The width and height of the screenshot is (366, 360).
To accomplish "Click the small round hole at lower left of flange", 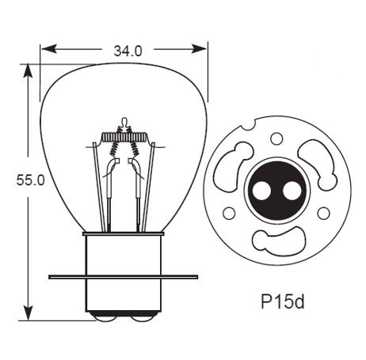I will [x=230, y=213].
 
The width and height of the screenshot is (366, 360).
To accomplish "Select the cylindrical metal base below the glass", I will [x=124, y=253].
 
